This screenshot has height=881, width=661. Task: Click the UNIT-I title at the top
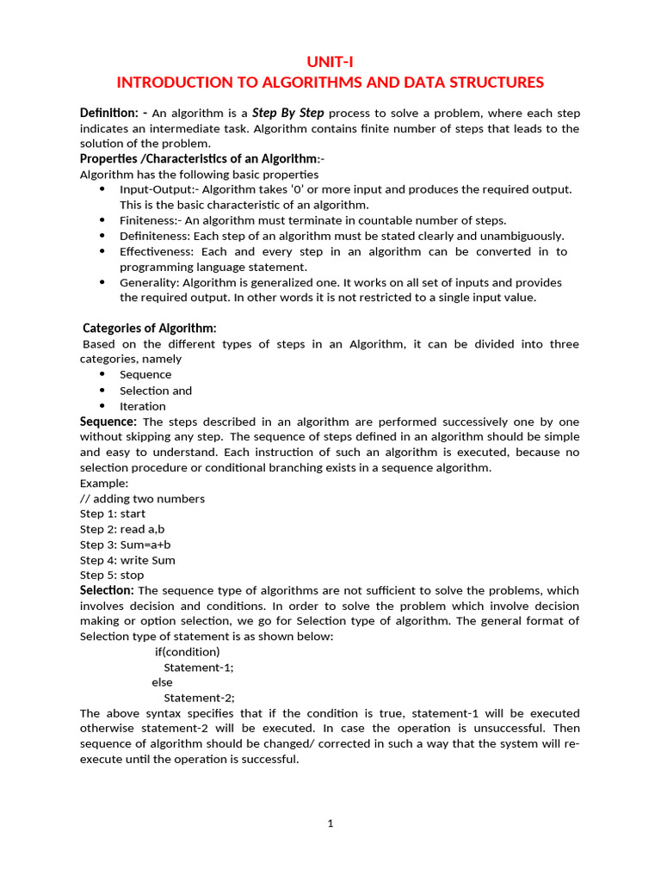point(330,61)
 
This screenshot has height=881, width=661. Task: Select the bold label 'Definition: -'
point(114,113)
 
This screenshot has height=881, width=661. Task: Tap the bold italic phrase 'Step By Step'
point(287,113)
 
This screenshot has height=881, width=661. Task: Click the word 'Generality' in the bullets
point(146,282)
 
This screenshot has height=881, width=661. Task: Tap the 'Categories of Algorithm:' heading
point(150,328)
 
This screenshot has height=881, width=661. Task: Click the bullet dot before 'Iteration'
point(103,406)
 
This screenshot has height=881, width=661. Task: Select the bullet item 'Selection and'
point(156,391)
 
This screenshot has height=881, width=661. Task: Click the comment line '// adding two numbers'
point(142,499)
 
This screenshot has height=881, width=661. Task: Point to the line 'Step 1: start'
point(113,514)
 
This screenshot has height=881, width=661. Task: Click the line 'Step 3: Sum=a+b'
point(125,545)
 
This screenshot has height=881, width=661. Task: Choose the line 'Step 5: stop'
point(112,575)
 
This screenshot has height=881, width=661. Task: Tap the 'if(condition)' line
point(187,651)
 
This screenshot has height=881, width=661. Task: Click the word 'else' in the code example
point(162,682)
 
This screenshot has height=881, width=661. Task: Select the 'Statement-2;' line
point(199,698)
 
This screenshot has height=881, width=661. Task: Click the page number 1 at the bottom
point(330,823)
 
